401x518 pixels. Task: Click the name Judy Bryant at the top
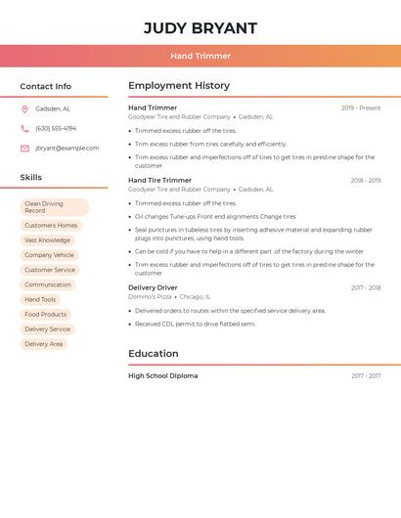(200, 28)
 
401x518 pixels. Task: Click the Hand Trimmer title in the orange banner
(200, 56)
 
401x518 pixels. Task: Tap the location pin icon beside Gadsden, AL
(24, 108)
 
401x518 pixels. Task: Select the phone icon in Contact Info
(24, 128)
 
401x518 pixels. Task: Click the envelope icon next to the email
(24, 149)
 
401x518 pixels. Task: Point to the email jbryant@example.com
(67, 149)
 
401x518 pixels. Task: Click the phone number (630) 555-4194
(56, 128)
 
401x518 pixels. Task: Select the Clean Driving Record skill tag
(54, 207)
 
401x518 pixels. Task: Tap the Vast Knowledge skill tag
(47, 239)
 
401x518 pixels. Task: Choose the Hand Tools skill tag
(40, 299)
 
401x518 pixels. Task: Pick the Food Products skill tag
(46, 314)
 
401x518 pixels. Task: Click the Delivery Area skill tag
(43, 344)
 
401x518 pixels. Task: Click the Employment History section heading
(179, 86)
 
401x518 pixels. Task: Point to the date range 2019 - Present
(361, 108)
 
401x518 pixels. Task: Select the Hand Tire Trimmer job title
(159, 180)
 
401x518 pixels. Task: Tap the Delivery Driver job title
(153, 287)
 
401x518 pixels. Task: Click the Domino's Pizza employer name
(150, 296)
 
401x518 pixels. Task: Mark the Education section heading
(155, 354)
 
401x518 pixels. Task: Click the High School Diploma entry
(162, 375)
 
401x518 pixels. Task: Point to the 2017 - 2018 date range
(366, 287)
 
